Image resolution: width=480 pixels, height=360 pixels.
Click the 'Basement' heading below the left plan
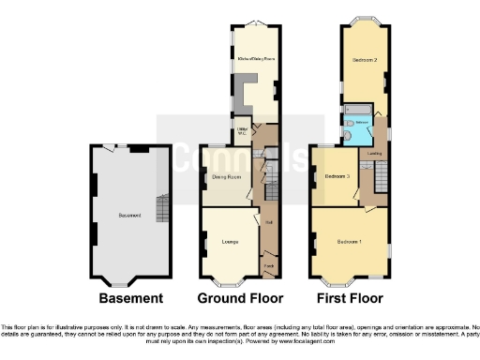[x=130, y=298]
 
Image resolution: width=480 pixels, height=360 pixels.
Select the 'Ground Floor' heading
[x=239, y=298]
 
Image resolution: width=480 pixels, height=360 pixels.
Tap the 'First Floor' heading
[x=347, y=298]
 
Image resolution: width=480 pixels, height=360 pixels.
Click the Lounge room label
[x=228, y=242]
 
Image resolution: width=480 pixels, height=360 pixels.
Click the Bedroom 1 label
[x=349, y=242]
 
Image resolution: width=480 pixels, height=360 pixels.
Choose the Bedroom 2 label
[x=364, y=60]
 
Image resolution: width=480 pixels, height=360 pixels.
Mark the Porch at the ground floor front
[x=268, y=266]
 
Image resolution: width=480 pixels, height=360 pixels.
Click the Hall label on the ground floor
[x=268, y=222]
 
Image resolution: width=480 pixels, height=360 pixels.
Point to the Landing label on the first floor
[x=373, y=154]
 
